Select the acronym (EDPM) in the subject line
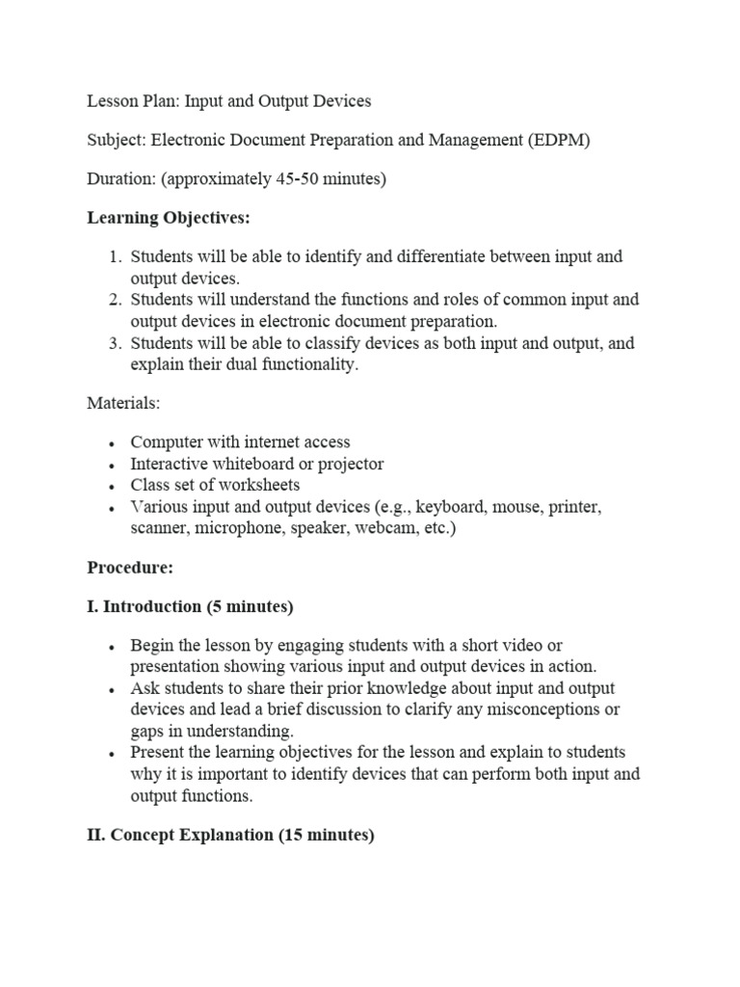558,140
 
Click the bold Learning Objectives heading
169,219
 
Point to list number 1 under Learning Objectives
115,257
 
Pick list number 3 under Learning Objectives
115,344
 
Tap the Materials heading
124,404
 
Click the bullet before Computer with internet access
113,443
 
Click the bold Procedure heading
130,568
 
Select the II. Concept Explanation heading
229,836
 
